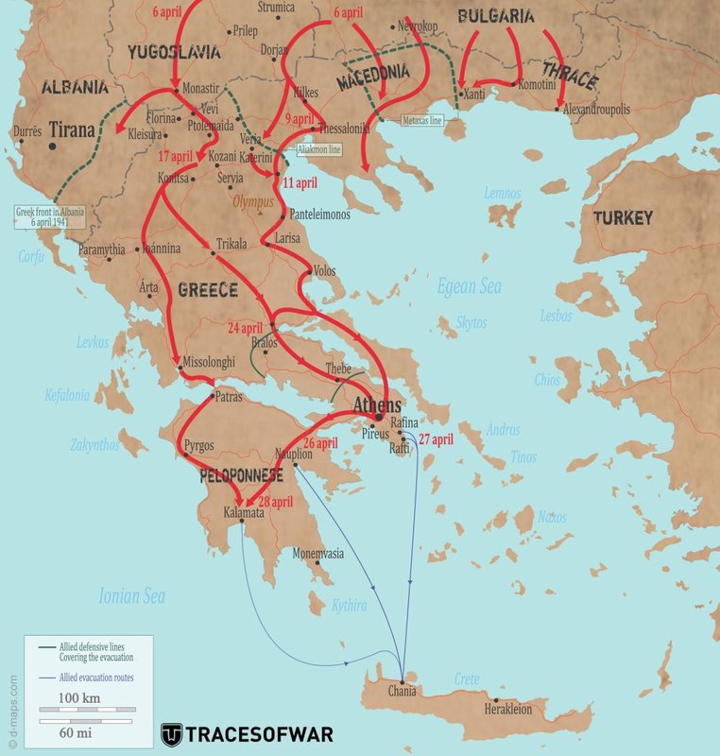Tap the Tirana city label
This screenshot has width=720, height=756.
pos(72,129)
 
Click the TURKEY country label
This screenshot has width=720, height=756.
pos(623,218)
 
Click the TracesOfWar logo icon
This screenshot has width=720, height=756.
pos(171,734)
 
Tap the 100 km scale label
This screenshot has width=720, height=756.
pos(79,698)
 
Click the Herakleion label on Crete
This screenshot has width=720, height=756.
pos(511,708)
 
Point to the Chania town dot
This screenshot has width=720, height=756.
pos(403,681)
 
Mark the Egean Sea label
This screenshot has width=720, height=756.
pos(469,286)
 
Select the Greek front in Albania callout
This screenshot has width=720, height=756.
pos(50,216)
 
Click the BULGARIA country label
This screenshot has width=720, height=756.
pos(496,16)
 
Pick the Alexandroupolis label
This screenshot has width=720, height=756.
pos(603,110)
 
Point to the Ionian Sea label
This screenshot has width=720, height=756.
pos(132,595)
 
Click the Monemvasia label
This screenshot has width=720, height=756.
pos(319,553)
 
